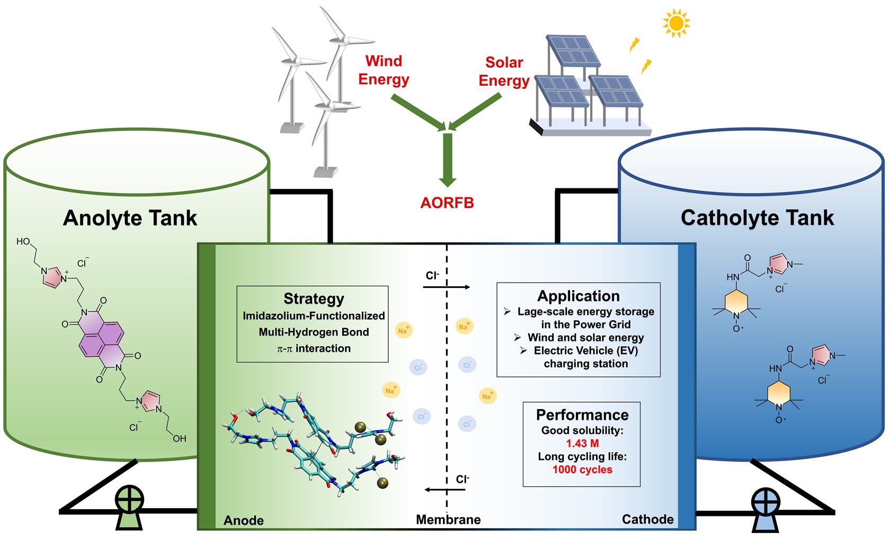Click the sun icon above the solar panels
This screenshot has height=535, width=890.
point(676,23)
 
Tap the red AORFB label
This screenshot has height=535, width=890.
point(447,203)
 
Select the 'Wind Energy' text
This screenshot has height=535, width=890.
point(384,70)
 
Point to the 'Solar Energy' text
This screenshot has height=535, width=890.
point(504,71)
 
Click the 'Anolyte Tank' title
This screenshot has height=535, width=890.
point(130,218)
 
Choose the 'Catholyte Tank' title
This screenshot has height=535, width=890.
point(757,217)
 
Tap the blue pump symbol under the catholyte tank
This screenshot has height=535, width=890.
point(766,508)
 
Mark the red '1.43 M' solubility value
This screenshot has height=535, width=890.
point(582,443)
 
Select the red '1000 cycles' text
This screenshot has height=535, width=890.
point(582,470)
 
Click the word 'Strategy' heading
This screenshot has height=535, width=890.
point(314,298)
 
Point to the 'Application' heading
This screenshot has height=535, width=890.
point(578,296)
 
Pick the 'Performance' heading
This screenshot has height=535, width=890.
point(582,415)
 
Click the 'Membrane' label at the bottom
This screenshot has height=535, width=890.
point(448,520)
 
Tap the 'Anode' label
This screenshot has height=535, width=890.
point(244,520)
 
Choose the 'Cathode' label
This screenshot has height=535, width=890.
point(647,519)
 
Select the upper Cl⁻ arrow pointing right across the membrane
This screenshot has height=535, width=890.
point(447,287)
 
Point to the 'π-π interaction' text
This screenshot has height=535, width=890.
point(314,349)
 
